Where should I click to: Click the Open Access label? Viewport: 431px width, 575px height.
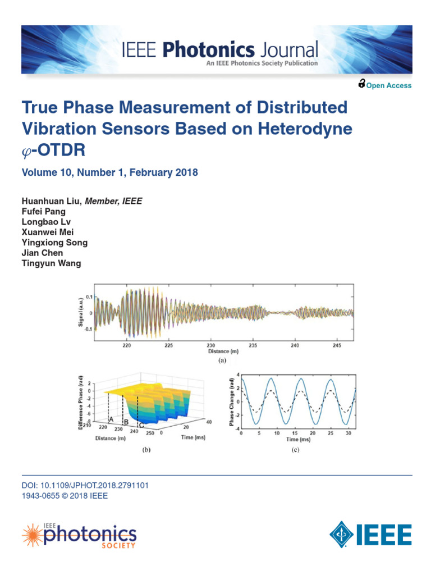[388, 85]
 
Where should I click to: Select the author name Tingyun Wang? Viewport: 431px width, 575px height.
[51, 263]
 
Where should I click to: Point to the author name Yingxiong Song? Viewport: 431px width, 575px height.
[54, 243]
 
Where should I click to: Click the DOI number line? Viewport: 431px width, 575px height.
[85, 485]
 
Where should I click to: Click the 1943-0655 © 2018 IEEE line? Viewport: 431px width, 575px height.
[65, 496]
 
